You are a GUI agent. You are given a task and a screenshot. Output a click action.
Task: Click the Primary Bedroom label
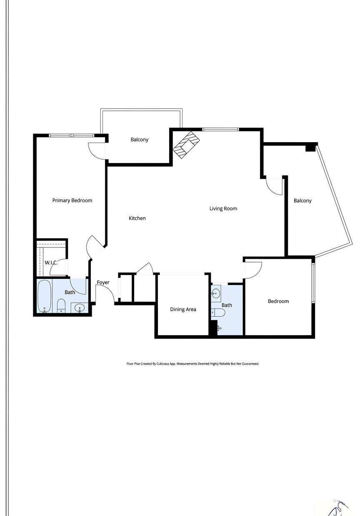tap(72, 200)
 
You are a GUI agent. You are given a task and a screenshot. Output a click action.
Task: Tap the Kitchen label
tap(137, 218)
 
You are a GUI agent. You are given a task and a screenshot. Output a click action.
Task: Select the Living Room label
tap(223, 209)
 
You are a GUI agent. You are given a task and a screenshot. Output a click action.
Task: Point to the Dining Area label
tap(183, 309)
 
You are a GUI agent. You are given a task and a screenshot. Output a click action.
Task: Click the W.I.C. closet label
tap(51, 263)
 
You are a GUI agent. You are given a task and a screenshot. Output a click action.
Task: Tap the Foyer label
tap(103, 283)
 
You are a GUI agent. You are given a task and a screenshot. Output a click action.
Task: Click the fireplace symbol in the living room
tap(186, 145)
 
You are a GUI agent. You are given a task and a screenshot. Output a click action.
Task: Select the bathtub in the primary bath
tap(45, 296)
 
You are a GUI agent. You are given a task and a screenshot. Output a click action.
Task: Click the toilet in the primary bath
tap(61, 306)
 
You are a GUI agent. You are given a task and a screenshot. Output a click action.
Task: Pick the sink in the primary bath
tap(80, 308)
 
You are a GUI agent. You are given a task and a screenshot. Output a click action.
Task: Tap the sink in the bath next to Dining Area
tap(216, 294)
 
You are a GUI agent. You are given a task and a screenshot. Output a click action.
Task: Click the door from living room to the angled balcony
tap(274, 187)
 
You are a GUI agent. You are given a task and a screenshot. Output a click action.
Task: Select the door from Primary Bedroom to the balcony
tap(97, 151)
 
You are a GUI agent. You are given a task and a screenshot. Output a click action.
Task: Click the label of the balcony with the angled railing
tap(302, 200)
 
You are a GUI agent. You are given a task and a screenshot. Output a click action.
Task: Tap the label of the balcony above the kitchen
tap(139, 140)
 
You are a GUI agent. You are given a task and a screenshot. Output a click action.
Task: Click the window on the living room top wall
tap(221, 130)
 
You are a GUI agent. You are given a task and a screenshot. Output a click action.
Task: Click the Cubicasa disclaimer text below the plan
tap(193, 364)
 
